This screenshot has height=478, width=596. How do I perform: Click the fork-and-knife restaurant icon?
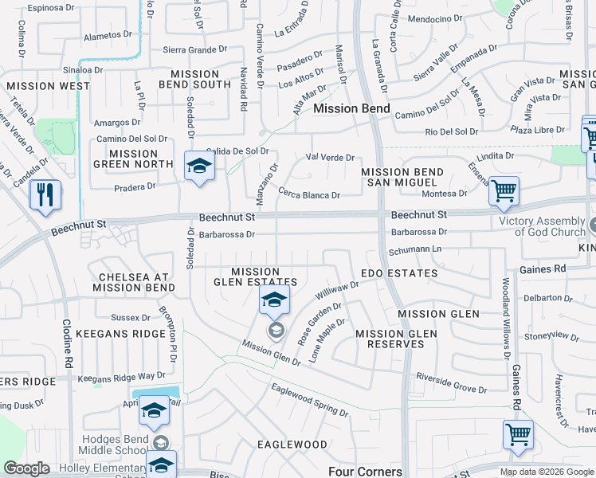(x=45, y=194)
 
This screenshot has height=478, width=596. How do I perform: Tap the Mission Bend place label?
(x=351, y=108)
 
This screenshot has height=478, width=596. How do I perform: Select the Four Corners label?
(x=365, y=472)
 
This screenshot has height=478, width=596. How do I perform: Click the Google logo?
(x=26, y=468)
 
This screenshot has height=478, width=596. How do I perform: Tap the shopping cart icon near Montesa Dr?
(x=504, y=191)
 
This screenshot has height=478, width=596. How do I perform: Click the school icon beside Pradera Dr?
(x=199, y=166)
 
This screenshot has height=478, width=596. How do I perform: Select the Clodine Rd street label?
(x=69, y=343)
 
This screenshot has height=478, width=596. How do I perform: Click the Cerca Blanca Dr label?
(x=309, y=194)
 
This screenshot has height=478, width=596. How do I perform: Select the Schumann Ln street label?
(x=415, y=249)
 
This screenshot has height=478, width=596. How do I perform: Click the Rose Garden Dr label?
(x=320, y=321)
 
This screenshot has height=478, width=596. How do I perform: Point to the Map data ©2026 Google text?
(x=546, y=472)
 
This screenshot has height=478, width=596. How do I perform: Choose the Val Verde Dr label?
(x=330, y=158)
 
